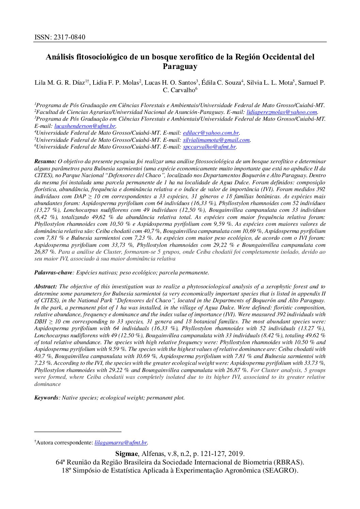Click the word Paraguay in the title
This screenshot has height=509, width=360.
tap(180, 66)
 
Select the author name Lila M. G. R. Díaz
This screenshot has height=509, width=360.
tap(60, 83)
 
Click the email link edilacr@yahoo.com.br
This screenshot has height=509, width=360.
tap(211, 133)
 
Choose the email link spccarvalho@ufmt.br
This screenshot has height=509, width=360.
tap(209, 147)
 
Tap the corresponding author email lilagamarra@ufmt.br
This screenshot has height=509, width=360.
tap(121, 442)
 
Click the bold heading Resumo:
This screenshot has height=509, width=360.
tap(45, 162)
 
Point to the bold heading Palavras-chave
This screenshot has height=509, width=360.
tap(53, 272)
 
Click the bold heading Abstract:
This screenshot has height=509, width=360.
tap(46, 286)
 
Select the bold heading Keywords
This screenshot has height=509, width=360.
tap(46, 397)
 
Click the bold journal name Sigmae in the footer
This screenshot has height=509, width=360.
tap(127, 454)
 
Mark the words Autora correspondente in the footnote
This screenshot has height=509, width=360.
tap(64, 442)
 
